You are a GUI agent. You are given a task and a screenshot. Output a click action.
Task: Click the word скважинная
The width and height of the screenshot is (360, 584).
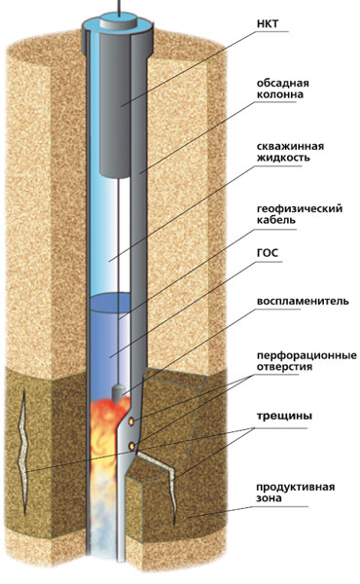289,146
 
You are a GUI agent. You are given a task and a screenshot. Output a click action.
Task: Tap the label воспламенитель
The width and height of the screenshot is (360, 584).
302,301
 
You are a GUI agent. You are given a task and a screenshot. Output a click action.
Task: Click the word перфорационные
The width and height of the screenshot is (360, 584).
306,355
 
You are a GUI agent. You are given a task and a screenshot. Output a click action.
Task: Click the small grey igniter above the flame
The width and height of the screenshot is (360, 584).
119,392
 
